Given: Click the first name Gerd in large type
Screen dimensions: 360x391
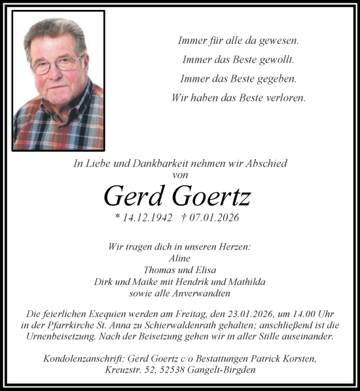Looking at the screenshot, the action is [x=135, y=195].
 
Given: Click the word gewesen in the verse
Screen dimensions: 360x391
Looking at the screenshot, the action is [x=279, y=41].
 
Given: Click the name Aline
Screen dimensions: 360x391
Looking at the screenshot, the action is [x=179, y=258].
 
